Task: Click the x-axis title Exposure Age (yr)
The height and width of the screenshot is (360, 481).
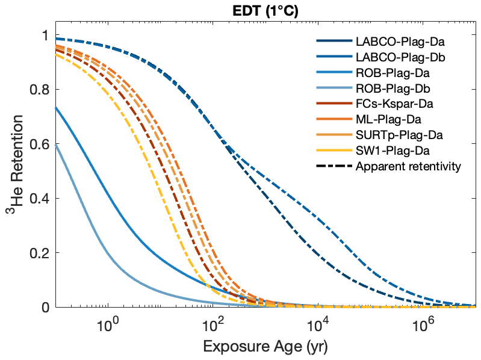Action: coord(265,347)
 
